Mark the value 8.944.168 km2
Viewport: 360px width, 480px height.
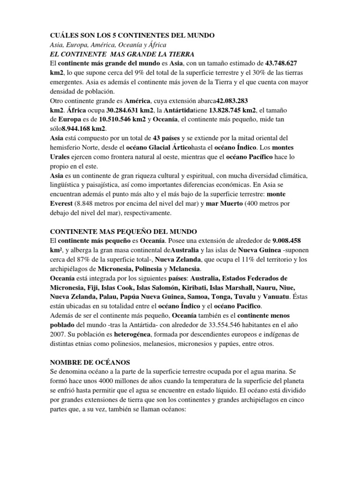pos(84,128)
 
